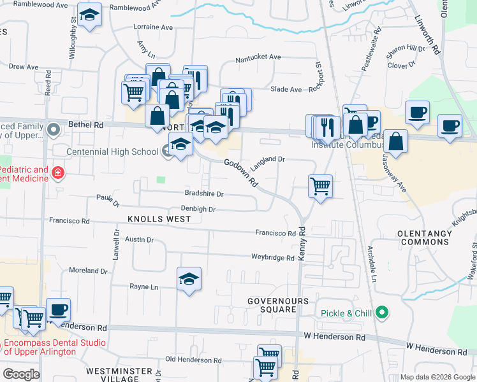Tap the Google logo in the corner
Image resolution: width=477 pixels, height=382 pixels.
tap(21, 374)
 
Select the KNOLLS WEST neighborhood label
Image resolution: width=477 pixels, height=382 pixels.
tap(155, 219)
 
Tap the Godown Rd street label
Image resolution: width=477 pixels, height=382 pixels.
tap(241, 173)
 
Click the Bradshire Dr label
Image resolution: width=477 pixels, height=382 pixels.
tap(204, 194)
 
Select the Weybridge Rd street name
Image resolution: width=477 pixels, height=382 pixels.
tap(272, 258)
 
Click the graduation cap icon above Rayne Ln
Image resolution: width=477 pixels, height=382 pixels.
tap(189, 279)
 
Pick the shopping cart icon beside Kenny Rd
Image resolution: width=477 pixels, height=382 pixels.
tap(320, 187)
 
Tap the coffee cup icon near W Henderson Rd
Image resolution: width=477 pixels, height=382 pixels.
tap(59, 310)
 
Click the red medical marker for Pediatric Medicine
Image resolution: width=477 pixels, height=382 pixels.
tap(59, 173)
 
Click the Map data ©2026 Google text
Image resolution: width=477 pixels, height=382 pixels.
tap(437, 377)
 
